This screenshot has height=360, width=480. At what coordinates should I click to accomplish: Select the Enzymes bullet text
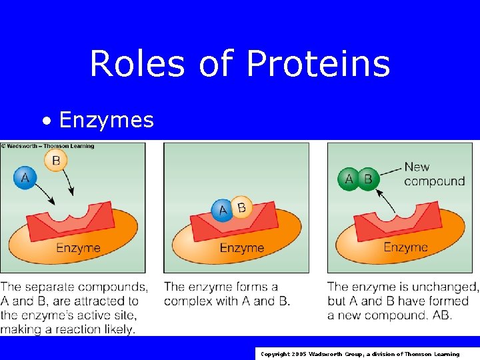click(x=106, y=120)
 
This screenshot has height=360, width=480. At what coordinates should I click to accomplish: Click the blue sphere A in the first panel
click(x=25, y=177)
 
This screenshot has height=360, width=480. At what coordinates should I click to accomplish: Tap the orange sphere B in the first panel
click(x=56, y=160)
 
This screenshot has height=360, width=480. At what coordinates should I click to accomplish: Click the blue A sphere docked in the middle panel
click(x=223, y=211)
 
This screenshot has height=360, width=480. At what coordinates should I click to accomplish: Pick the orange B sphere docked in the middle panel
click(x=241, y=207)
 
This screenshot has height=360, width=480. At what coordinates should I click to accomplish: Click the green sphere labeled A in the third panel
click(x=349, y=179)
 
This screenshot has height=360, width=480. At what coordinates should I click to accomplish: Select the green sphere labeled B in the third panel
click(x=367, y=179)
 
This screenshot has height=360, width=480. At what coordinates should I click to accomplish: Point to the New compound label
click(x=434, y=174)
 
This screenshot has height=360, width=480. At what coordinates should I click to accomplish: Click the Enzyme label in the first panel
click(x=78, y=248)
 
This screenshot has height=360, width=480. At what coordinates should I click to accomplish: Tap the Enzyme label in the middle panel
click(x=242, y=248)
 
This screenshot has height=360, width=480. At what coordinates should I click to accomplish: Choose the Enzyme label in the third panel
click(x=405, y=247)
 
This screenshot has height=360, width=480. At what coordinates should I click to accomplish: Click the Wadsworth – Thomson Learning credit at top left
click(x=48, y=146)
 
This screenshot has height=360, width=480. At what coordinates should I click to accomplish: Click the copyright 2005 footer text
click(x=360, y=354)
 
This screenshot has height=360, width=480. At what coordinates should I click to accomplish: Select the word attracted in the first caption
click(x=99, y=301)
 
